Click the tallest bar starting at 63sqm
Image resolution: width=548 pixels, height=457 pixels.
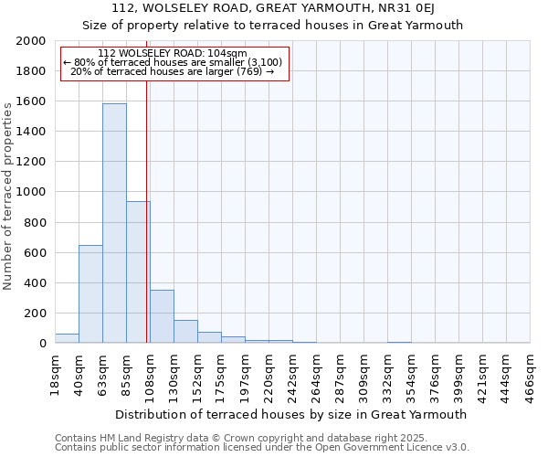tap(114, 223)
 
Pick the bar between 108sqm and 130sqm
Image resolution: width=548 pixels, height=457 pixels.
tap(162, 316)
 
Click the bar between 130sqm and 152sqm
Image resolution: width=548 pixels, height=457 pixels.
tap(185, 332)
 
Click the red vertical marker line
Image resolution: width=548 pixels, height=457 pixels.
tap(146, 183)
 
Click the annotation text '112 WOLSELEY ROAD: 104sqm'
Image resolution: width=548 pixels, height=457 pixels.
tap(173, 54)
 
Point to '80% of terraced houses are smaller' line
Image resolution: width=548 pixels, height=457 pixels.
tap(173, 62)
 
